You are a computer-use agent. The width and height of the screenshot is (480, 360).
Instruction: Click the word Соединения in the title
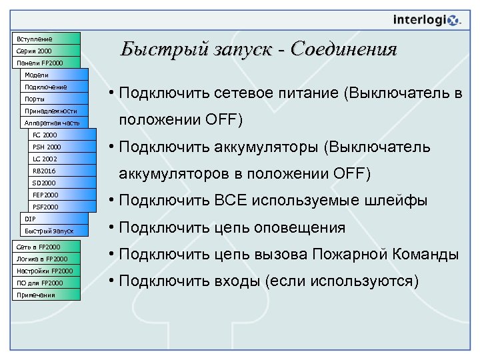coord(344,49)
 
